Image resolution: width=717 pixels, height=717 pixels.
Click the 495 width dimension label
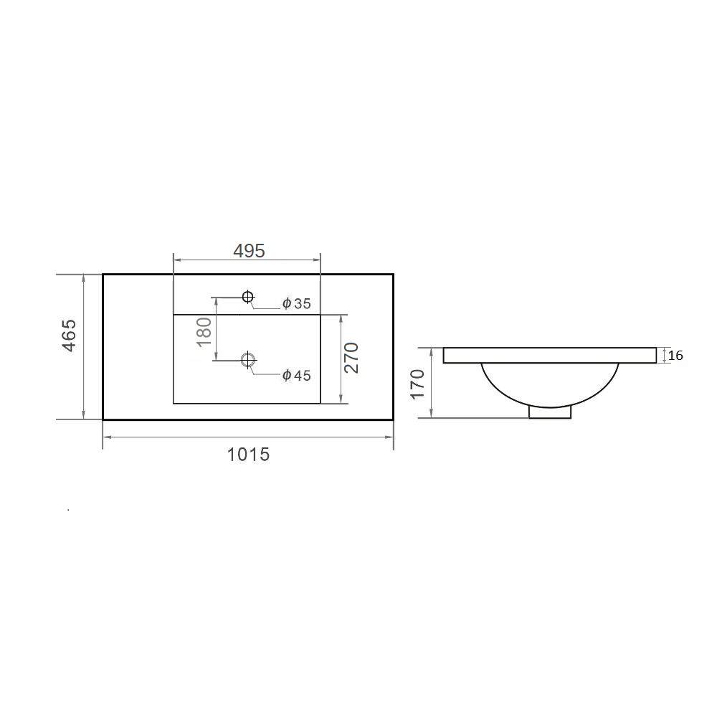click(250, 250)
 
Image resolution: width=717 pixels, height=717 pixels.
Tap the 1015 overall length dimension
click(248, 455)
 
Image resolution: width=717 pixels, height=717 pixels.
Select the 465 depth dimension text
click(70, 335)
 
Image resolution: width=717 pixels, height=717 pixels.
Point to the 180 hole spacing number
click(204, 332)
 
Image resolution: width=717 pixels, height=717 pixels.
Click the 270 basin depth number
click(351, 358)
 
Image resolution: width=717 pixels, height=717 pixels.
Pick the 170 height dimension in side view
click(417, 384)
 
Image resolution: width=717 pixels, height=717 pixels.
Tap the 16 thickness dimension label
click(675, 356)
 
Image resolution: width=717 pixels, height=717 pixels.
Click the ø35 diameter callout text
click(297, 303)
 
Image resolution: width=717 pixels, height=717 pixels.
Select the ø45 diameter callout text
click(297, 376)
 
